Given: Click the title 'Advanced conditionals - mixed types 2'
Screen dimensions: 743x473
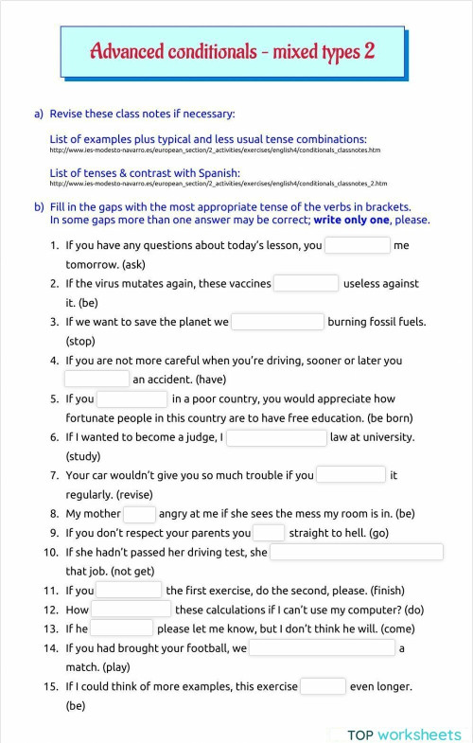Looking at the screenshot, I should click(232, 51).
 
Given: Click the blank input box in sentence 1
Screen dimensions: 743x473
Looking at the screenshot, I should click(357, 245).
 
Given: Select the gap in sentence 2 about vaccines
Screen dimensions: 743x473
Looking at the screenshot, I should click(306, 283).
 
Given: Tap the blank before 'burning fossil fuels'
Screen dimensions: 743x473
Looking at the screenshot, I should click(277, 322).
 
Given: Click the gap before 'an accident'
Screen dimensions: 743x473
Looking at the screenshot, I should click(96, 380).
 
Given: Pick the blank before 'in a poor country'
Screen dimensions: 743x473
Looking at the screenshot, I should click(131, 399).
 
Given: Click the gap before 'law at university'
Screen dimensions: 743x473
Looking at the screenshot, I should click(275, 437).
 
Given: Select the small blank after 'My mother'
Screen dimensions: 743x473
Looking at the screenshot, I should click(139, 514).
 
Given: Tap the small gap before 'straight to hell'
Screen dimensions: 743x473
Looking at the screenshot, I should click(269, 533).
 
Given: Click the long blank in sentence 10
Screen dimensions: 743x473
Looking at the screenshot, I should click(357, 552).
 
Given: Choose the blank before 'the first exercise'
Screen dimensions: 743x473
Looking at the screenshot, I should click(130, 591).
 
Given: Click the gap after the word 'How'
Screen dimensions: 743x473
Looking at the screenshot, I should click(131, 610).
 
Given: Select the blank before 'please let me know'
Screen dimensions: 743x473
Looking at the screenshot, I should click(122, 628).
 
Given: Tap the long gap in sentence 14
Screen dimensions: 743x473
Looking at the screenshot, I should click(322, 648).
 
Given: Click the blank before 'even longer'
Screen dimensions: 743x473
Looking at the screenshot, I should click(323, 686).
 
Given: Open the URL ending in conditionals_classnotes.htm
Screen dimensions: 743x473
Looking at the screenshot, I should click(215, 150).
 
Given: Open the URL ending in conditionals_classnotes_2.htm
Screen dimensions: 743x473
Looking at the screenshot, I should click(218, 184).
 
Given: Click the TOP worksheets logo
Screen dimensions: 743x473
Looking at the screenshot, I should click(404, 734).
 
